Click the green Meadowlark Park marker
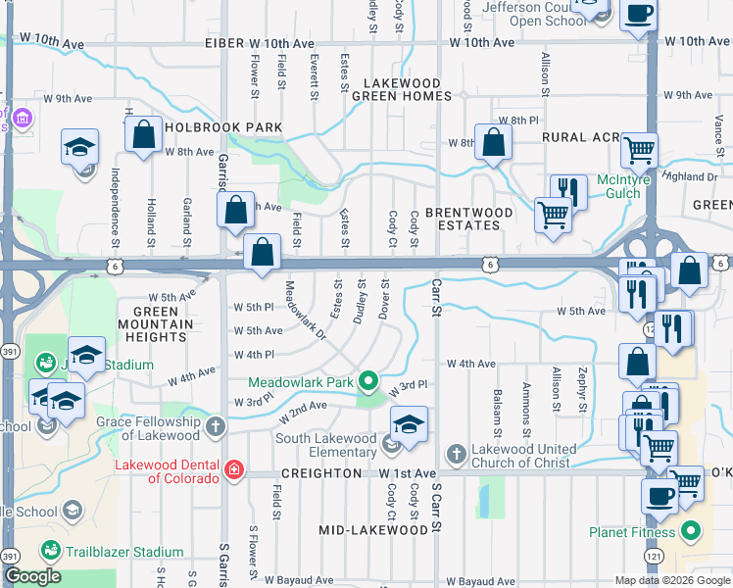368,380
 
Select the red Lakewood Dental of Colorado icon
233,469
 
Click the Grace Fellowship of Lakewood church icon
215,427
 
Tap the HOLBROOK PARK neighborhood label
223,127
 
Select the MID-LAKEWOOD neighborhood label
373,530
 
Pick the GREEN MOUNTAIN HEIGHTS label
153,324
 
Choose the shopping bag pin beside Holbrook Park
143,136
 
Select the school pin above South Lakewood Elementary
409,424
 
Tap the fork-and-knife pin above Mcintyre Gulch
568,190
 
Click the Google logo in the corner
31,576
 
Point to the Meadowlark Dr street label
305,311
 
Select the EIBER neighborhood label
223,44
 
